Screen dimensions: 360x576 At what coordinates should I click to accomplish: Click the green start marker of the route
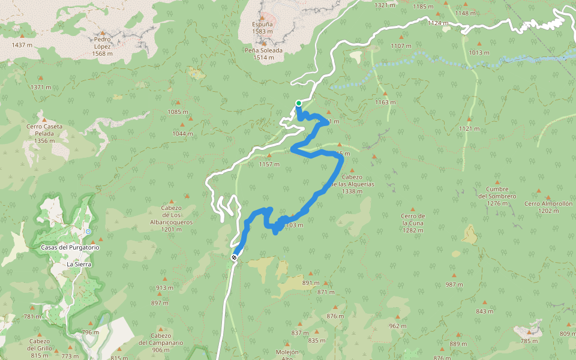coord(298,103)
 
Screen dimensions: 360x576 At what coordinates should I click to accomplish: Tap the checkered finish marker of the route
coord(234,257)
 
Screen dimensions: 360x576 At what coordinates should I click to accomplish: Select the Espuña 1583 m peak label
coord(262,28)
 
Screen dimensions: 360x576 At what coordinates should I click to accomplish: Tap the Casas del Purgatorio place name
coord(70,247)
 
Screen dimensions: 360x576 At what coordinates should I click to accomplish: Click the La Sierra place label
coord(78,264)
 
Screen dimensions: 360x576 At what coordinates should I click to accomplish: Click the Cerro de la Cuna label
coord(413,223)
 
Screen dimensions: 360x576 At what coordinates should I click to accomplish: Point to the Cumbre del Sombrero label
coord(497,193)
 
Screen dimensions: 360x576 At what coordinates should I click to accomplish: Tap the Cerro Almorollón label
coord(548,203)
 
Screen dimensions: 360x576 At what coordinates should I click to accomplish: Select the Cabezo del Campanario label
coord(161,343)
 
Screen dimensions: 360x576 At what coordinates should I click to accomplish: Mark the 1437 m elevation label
coord(22,45)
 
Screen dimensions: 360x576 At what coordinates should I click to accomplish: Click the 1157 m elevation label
coord(269,164)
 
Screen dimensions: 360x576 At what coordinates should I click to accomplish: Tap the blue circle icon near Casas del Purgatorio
coord(88,231)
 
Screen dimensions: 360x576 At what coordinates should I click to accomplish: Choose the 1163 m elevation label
coord(385,102)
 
